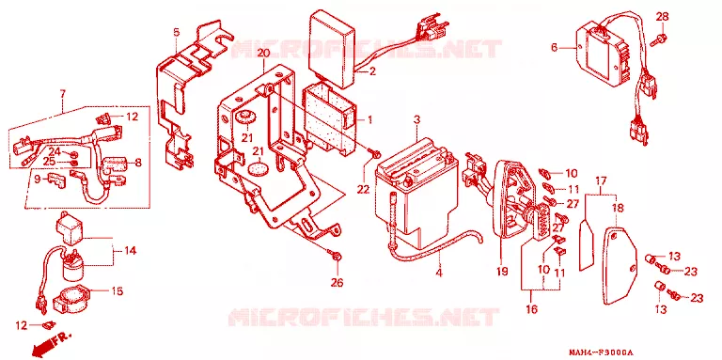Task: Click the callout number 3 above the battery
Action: click(x=416, y=119)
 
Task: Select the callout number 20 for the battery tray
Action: click(x=263, y=53)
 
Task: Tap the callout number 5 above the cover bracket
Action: click(x=176, y=32)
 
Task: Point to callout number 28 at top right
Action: click(x=662, y=17)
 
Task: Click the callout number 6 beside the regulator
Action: click(x=555, y=47)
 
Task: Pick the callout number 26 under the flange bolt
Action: click(x=337, y=282)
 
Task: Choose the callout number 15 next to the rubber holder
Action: click(x=117, y=291)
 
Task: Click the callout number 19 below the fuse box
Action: click(x=502, y=272)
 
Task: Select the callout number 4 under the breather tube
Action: click(x=439, y=273)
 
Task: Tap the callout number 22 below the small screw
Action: click(x=363, y=189)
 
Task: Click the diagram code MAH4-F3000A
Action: click(x=601, y=352)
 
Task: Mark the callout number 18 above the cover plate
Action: click(x=618, y=209)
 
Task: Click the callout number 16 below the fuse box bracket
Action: click(x=531, y=309)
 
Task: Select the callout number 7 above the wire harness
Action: click(x=63, y=95)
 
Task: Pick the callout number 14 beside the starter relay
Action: click(x=130, y=251)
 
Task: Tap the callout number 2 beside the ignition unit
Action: click(x=372, y=71)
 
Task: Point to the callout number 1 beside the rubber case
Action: click(x=369, y=120)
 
